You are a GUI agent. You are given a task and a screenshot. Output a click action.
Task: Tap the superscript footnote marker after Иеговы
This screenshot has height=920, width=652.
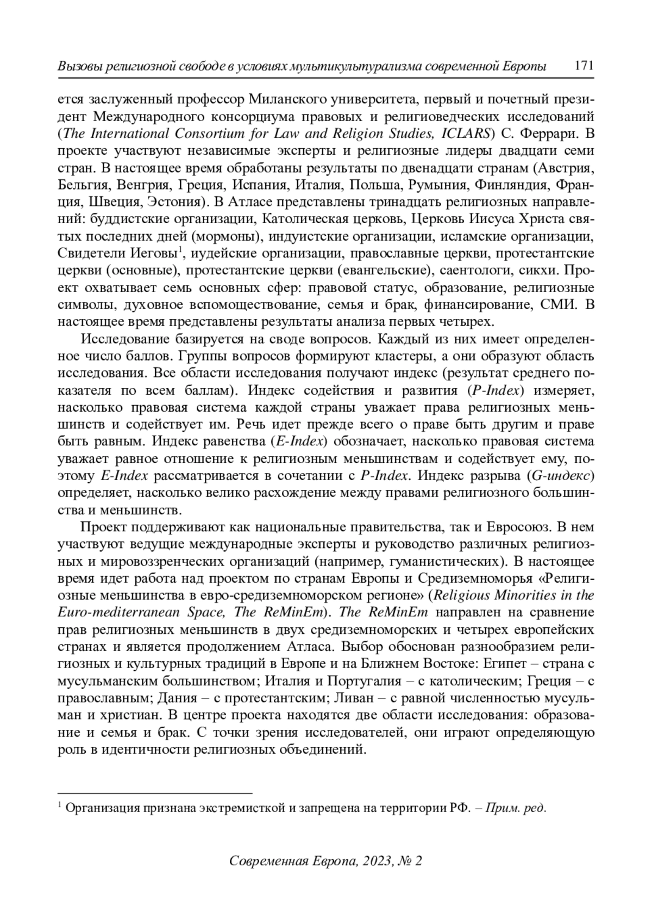click(179, 250)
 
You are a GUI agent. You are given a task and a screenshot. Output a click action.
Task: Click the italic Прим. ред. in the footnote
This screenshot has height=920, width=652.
click(516, 808)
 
